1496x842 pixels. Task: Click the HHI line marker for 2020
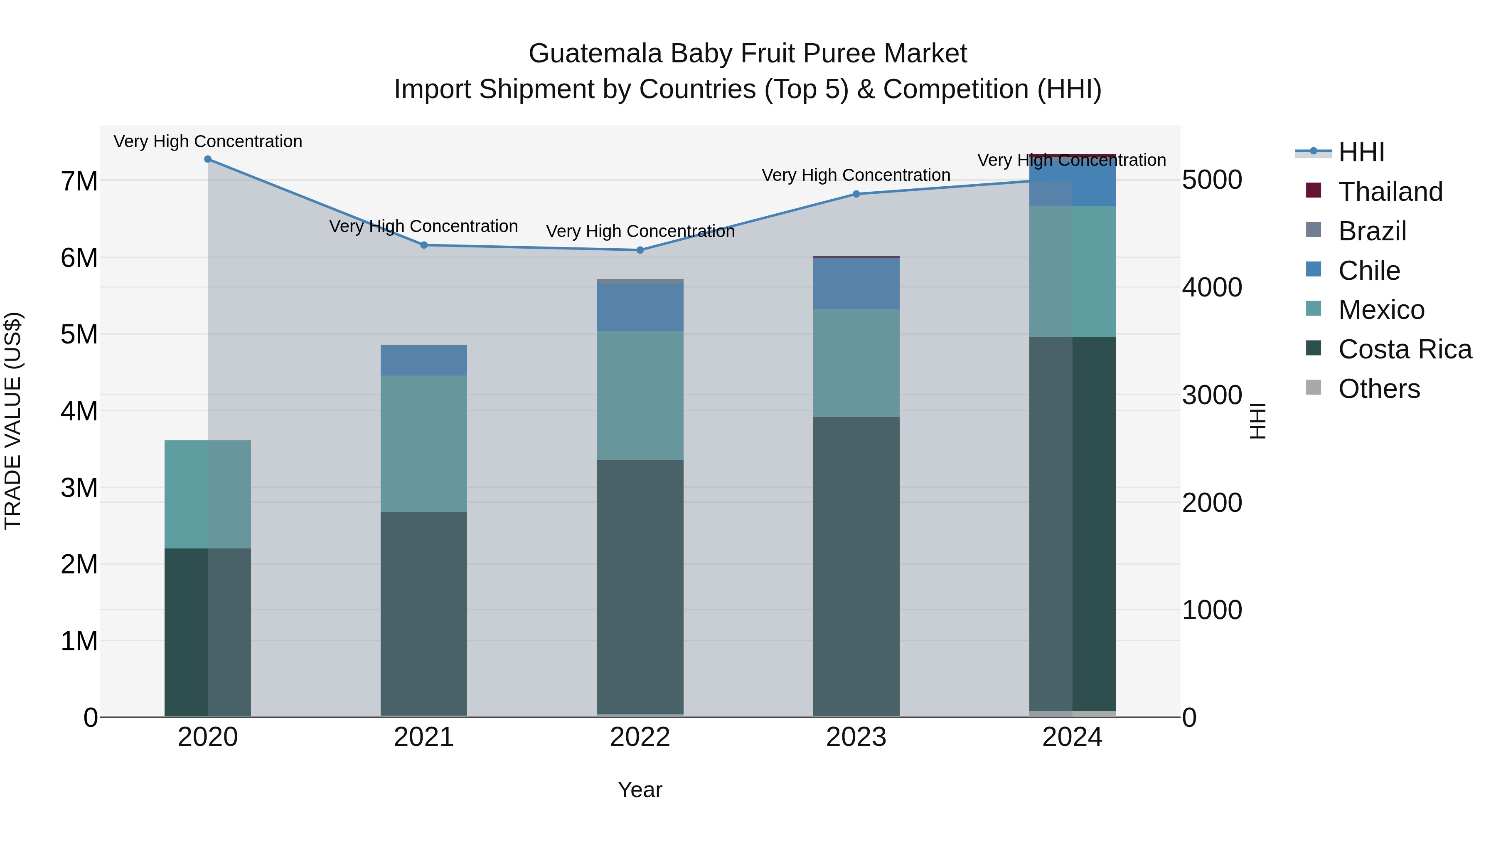208,159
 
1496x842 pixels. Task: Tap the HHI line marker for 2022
640,250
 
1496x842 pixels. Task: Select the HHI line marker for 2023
856,194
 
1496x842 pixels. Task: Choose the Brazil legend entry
1372,231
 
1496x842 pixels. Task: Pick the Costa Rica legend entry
1405,350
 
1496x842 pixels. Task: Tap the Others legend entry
1379,389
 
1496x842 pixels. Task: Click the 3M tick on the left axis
79,488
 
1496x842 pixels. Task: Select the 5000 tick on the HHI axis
1212,180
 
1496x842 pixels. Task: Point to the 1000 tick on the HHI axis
1212,610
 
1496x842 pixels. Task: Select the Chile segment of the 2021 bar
424,360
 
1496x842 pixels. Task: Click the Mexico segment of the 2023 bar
856,363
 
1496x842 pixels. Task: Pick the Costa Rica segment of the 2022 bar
640,587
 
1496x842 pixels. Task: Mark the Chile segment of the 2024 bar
1072,183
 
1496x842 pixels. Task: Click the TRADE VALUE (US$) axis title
13,421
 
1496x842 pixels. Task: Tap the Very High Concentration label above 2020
208,142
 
